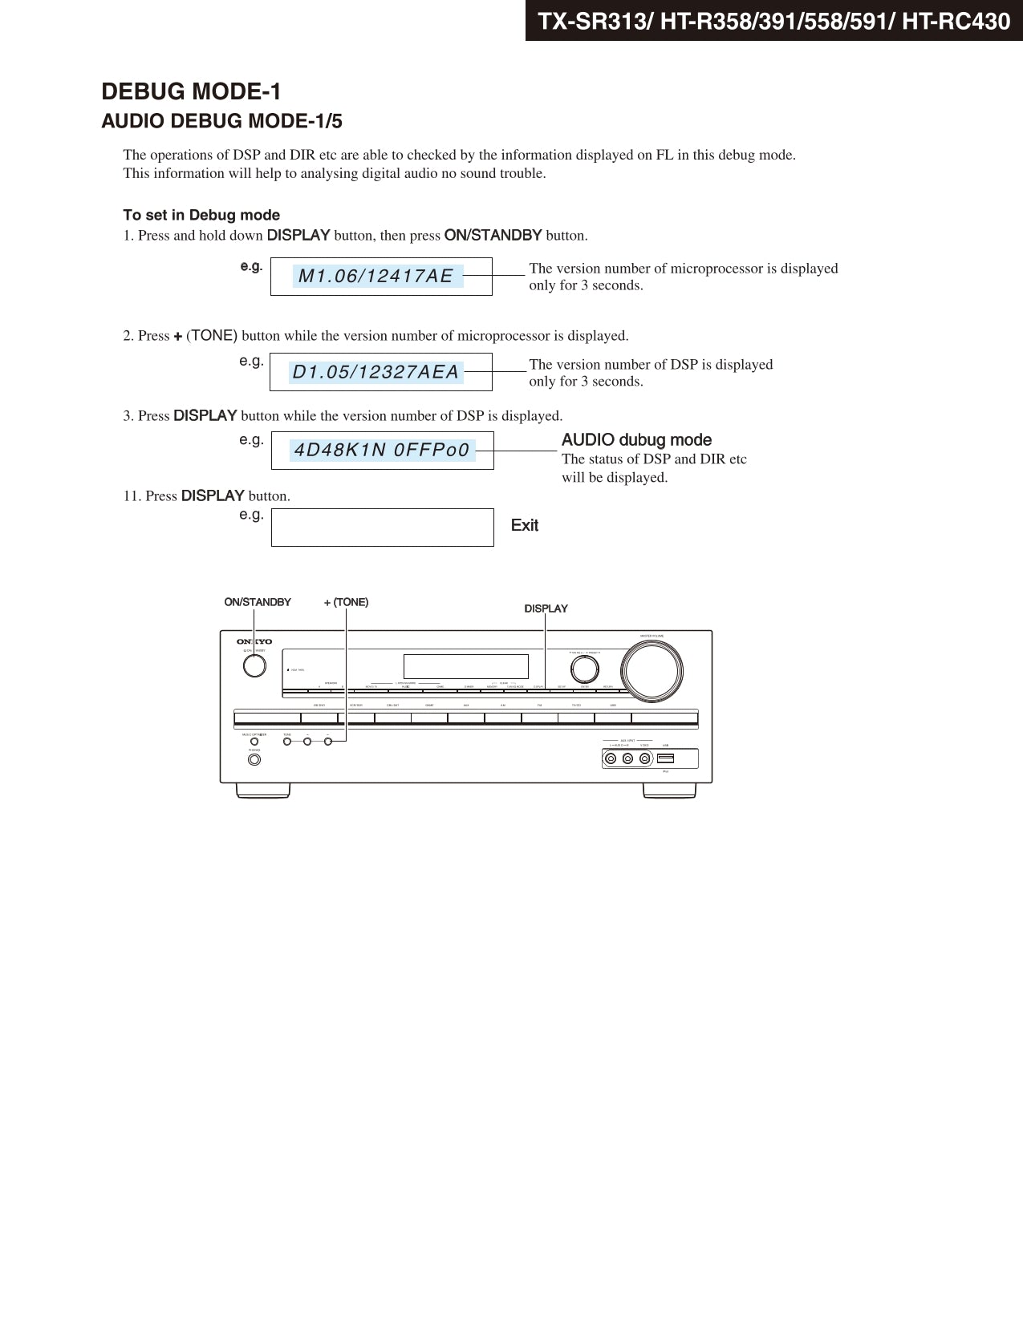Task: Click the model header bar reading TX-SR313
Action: coord(773,21)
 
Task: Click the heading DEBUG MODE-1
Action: coord(191,91)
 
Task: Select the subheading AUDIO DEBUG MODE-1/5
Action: coord(221,121)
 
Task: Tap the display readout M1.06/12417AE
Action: coord(376,276)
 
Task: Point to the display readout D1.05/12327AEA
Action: coord(376,372)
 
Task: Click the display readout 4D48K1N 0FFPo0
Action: coord(382,450)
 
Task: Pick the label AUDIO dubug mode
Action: coord(636,439)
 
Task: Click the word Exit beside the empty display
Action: coord(525,525)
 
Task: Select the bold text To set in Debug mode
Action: coord(201,215)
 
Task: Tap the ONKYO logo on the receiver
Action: coord(254,641)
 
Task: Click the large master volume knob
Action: coord(652,669)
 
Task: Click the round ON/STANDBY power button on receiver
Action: coord(254,666)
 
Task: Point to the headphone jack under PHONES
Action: coord(254,759)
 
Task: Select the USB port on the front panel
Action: coord(665,758)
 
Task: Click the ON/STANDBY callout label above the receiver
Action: coord(258,602)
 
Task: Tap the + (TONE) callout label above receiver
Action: coord(346,602)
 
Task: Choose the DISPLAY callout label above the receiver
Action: coord(546,608)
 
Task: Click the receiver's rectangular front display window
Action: coord(465,666)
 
